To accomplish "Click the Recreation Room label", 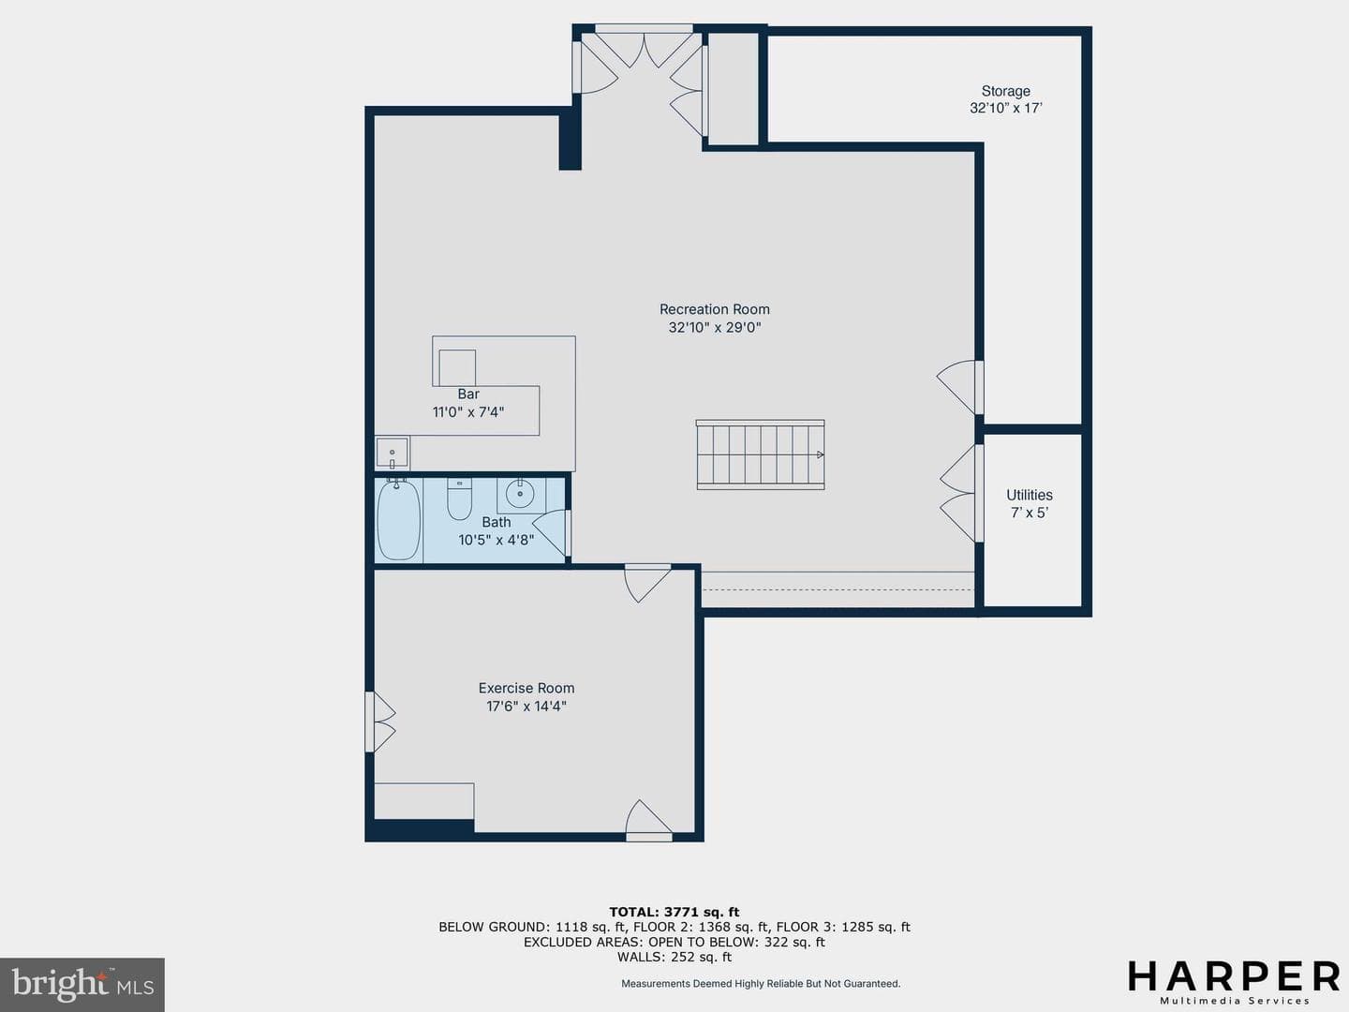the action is (x=714, y=309).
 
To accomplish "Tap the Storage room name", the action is (x=1005, y=91).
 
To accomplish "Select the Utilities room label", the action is (x=1029, y=495).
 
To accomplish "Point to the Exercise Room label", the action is (x=526, y=688).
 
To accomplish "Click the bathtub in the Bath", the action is (x=398, y=520).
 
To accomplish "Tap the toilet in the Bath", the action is (x=459, y=499).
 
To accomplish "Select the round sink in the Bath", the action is (x=520, y=494).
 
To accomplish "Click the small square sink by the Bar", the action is (x=393, y=454).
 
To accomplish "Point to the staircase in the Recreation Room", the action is (x=761, y=454).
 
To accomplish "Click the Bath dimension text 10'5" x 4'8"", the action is (x=496, y=540).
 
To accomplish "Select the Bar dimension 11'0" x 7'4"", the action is (x=468, y=411).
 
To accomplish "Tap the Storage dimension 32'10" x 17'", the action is (x=1005, y=108).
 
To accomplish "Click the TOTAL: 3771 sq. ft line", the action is (x=674, y=912).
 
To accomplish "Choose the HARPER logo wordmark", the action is (x=1234, y=976).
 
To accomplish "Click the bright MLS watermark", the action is (x=82, y=985).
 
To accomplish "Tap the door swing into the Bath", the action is (x=549, y=532).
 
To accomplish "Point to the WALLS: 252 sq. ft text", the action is (x=674, y=957).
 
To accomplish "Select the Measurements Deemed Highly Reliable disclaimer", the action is (x=761, y=984).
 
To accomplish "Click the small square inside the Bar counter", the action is (x=456, y=367).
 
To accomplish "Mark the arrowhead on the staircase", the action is (x=820, y=454).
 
